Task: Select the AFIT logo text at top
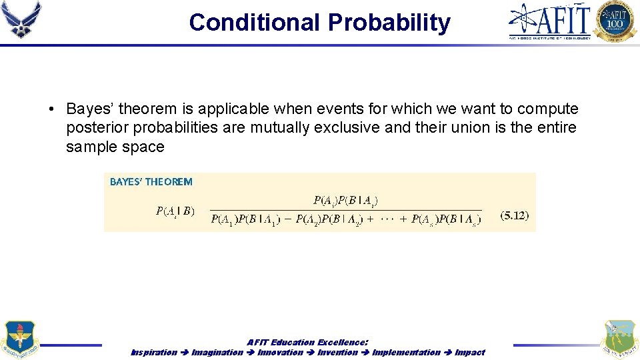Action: [551, 20]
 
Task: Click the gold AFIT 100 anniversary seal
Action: [615, 21]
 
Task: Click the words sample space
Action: [115, 147]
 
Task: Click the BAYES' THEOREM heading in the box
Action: [151, 181]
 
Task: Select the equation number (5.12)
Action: [514, 215]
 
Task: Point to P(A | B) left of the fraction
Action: [175, 211]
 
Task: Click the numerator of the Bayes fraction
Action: [346, 200]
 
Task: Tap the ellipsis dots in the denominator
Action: [387, 219]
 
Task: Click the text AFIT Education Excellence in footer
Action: [307, 342]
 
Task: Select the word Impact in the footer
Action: [470, 352]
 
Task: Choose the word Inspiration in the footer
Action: [154, 352]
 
